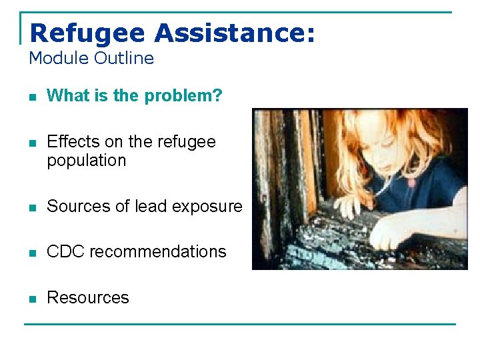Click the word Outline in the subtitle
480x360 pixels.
[124, 58]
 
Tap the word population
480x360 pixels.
[86, 161]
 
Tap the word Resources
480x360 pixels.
[87, 298]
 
